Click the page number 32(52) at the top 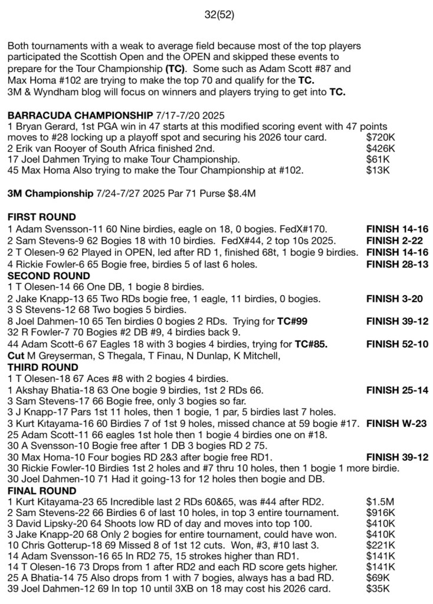pos(216,15)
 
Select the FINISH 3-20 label pos(394,298)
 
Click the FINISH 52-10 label pos(397,344)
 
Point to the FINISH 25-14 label pos(397,390)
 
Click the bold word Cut pos(15,356)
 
